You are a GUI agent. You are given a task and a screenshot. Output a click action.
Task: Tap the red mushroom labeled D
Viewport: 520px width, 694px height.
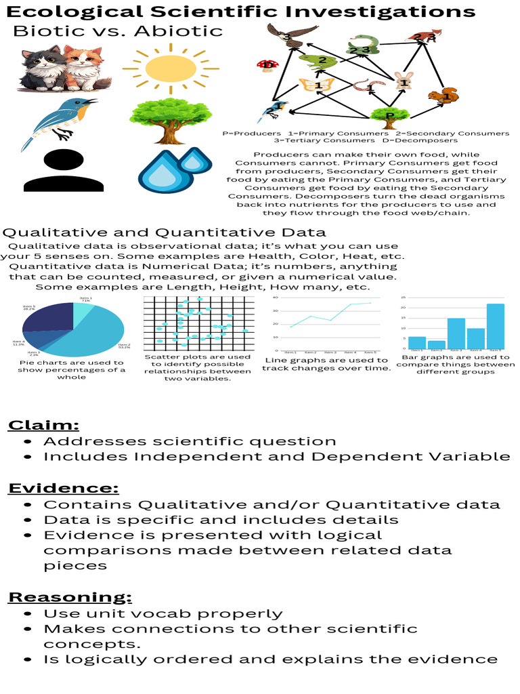point(266,66)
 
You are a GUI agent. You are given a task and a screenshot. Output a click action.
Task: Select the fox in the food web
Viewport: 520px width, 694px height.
point(425,38)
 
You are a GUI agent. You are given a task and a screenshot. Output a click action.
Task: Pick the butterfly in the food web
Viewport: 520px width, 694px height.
point(317,86)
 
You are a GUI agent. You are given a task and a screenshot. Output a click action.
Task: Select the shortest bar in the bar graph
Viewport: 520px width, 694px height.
point(437,344)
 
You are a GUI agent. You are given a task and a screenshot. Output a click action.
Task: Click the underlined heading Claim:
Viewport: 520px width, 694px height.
point(43,425)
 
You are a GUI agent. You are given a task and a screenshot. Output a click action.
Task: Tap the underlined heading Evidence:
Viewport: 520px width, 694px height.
point(64,488)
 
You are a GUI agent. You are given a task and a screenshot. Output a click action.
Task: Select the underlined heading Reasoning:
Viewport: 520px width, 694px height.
point(70,596)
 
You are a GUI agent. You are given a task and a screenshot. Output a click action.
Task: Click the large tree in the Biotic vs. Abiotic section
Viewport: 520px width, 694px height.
point(168,117)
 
